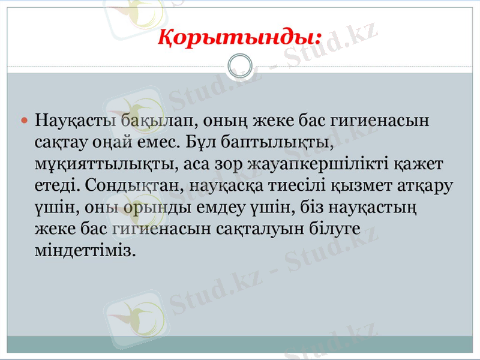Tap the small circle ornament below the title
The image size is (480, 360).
point(240,65)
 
